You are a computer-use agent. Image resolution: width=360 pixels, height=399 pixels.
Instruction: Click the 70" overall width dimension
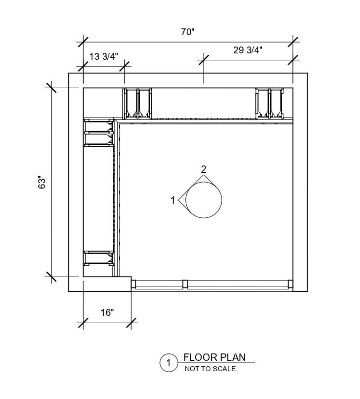187,32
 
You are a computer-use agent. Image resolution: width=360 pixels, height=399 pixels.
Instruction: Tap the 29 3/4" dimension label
248,49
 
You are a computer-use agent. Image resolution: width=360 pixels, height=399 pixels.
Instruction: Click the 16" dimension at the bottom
107,312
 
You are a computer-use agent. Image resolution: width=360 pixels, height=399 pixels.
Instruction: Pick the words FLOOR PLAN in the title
214,357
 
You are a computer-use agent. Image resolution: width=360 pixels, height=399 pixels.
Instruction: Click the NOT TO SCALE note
210,369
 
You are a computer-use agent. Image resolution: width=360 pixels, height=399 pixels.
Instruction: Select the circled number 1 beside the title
168,363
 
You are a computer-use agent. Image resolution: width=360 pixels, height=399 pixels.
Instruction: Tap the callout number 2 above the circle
203,169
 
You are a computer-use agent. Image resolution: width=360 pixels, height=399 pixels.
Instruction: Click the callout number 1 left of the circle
173,200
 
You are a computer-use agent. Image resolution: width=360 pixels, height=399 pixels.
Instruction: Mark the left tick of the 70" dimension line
83,42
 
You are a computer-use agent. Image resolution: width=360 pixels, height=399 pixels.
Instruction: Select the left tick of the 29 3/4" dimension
203,60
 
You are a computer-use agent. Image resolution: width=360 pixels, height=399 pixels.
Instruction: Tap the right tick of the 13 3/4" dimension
125,66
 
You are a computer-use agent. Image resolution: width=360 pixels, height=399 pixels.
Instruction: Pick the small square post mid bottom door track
185,284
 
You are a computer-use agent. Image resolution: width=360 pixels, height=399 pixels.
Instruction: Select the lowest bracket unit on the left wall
99,258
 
